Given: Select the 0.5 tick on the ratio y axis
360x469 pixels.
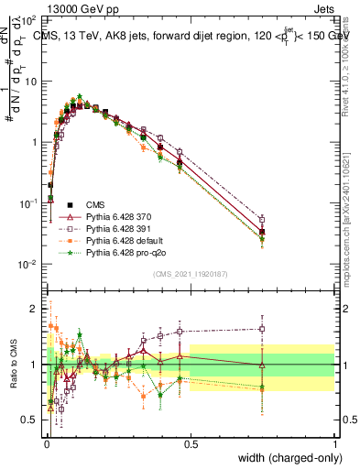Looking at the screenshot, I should (x=32, y=420).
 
